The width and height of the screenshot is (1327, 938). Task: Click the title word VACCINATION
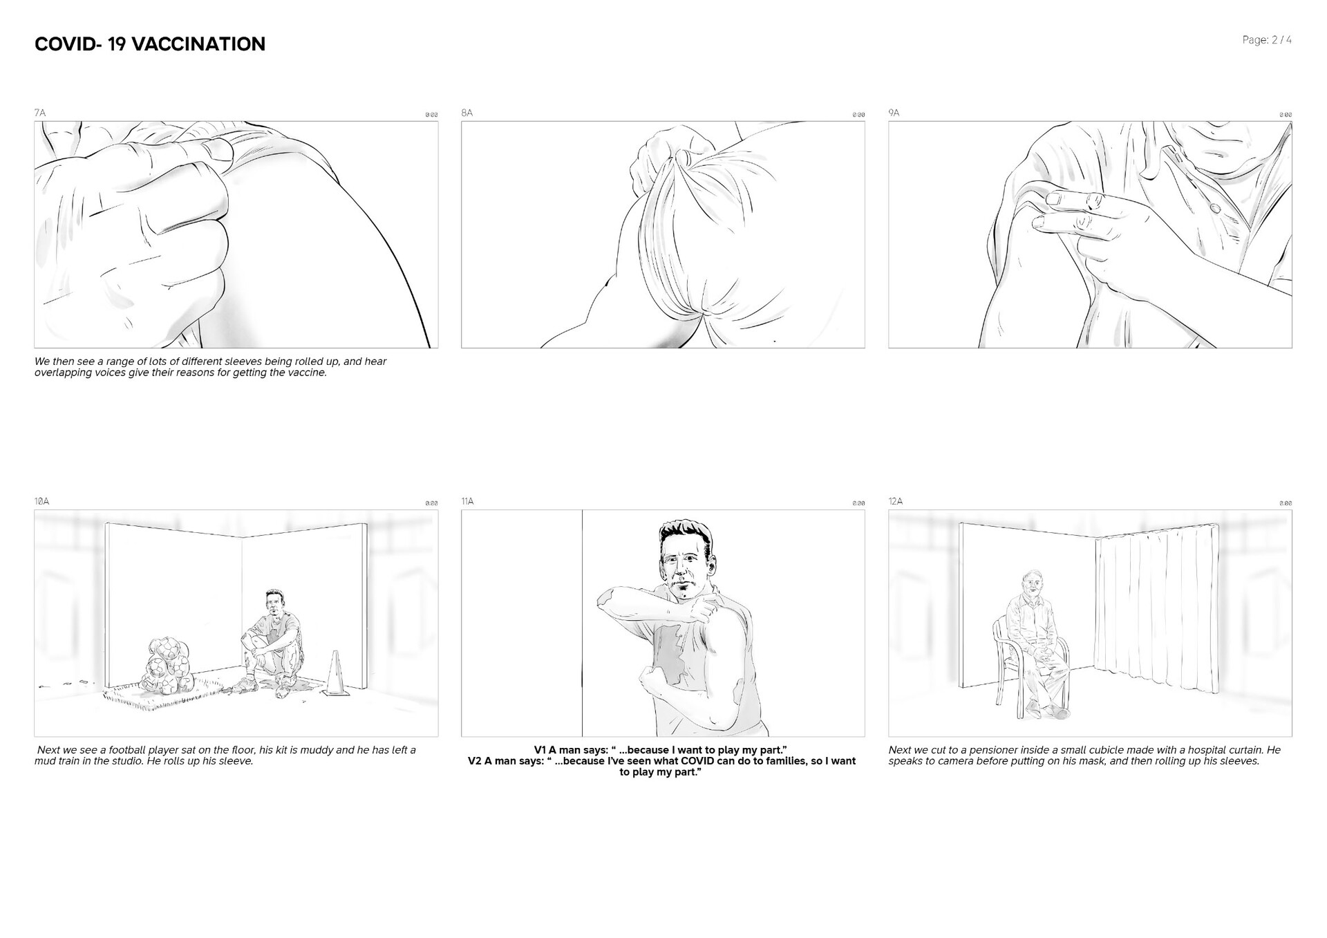pos(198,44)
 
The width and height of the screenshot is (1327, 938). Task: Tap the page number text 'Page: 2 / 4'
pos(1266,40)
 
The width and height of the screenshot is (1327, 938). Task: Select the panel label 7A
pos(40,113)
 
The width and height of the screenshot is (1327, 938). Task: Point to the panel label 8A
pos(467,113)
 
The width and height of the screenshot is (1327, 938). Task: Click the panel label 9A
pos(894,113)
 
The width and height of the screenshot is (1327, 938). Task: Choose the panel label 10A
pos(41,501)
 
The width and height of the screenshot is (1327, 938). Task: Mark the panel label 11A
pos(468,501)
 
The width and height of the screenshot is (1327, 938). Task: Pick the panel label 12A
pos(896,501)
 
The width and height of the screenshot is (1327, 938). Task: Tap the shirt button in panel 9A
pos(1215,207)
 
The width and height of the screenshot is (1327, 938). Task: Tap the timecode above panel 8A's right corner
pos(858,115)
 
